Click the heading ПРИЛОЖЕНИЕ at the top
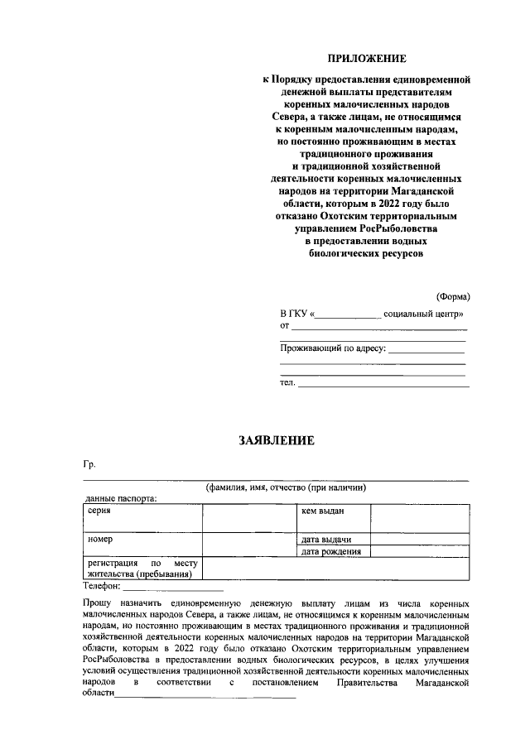[367, 58]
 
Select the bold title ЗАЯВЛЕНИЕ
[277, 441]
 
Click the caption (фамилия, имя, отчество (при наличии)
[286, 488]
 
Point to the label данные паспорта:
[121, 499]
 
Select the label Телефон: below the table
[103, 585]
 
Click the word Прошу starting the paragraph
[99, 605]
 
